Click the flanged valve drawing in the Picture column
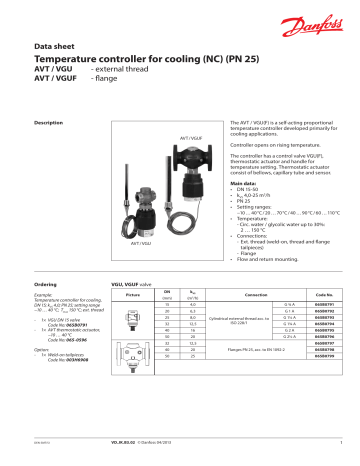pos(127,376)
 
